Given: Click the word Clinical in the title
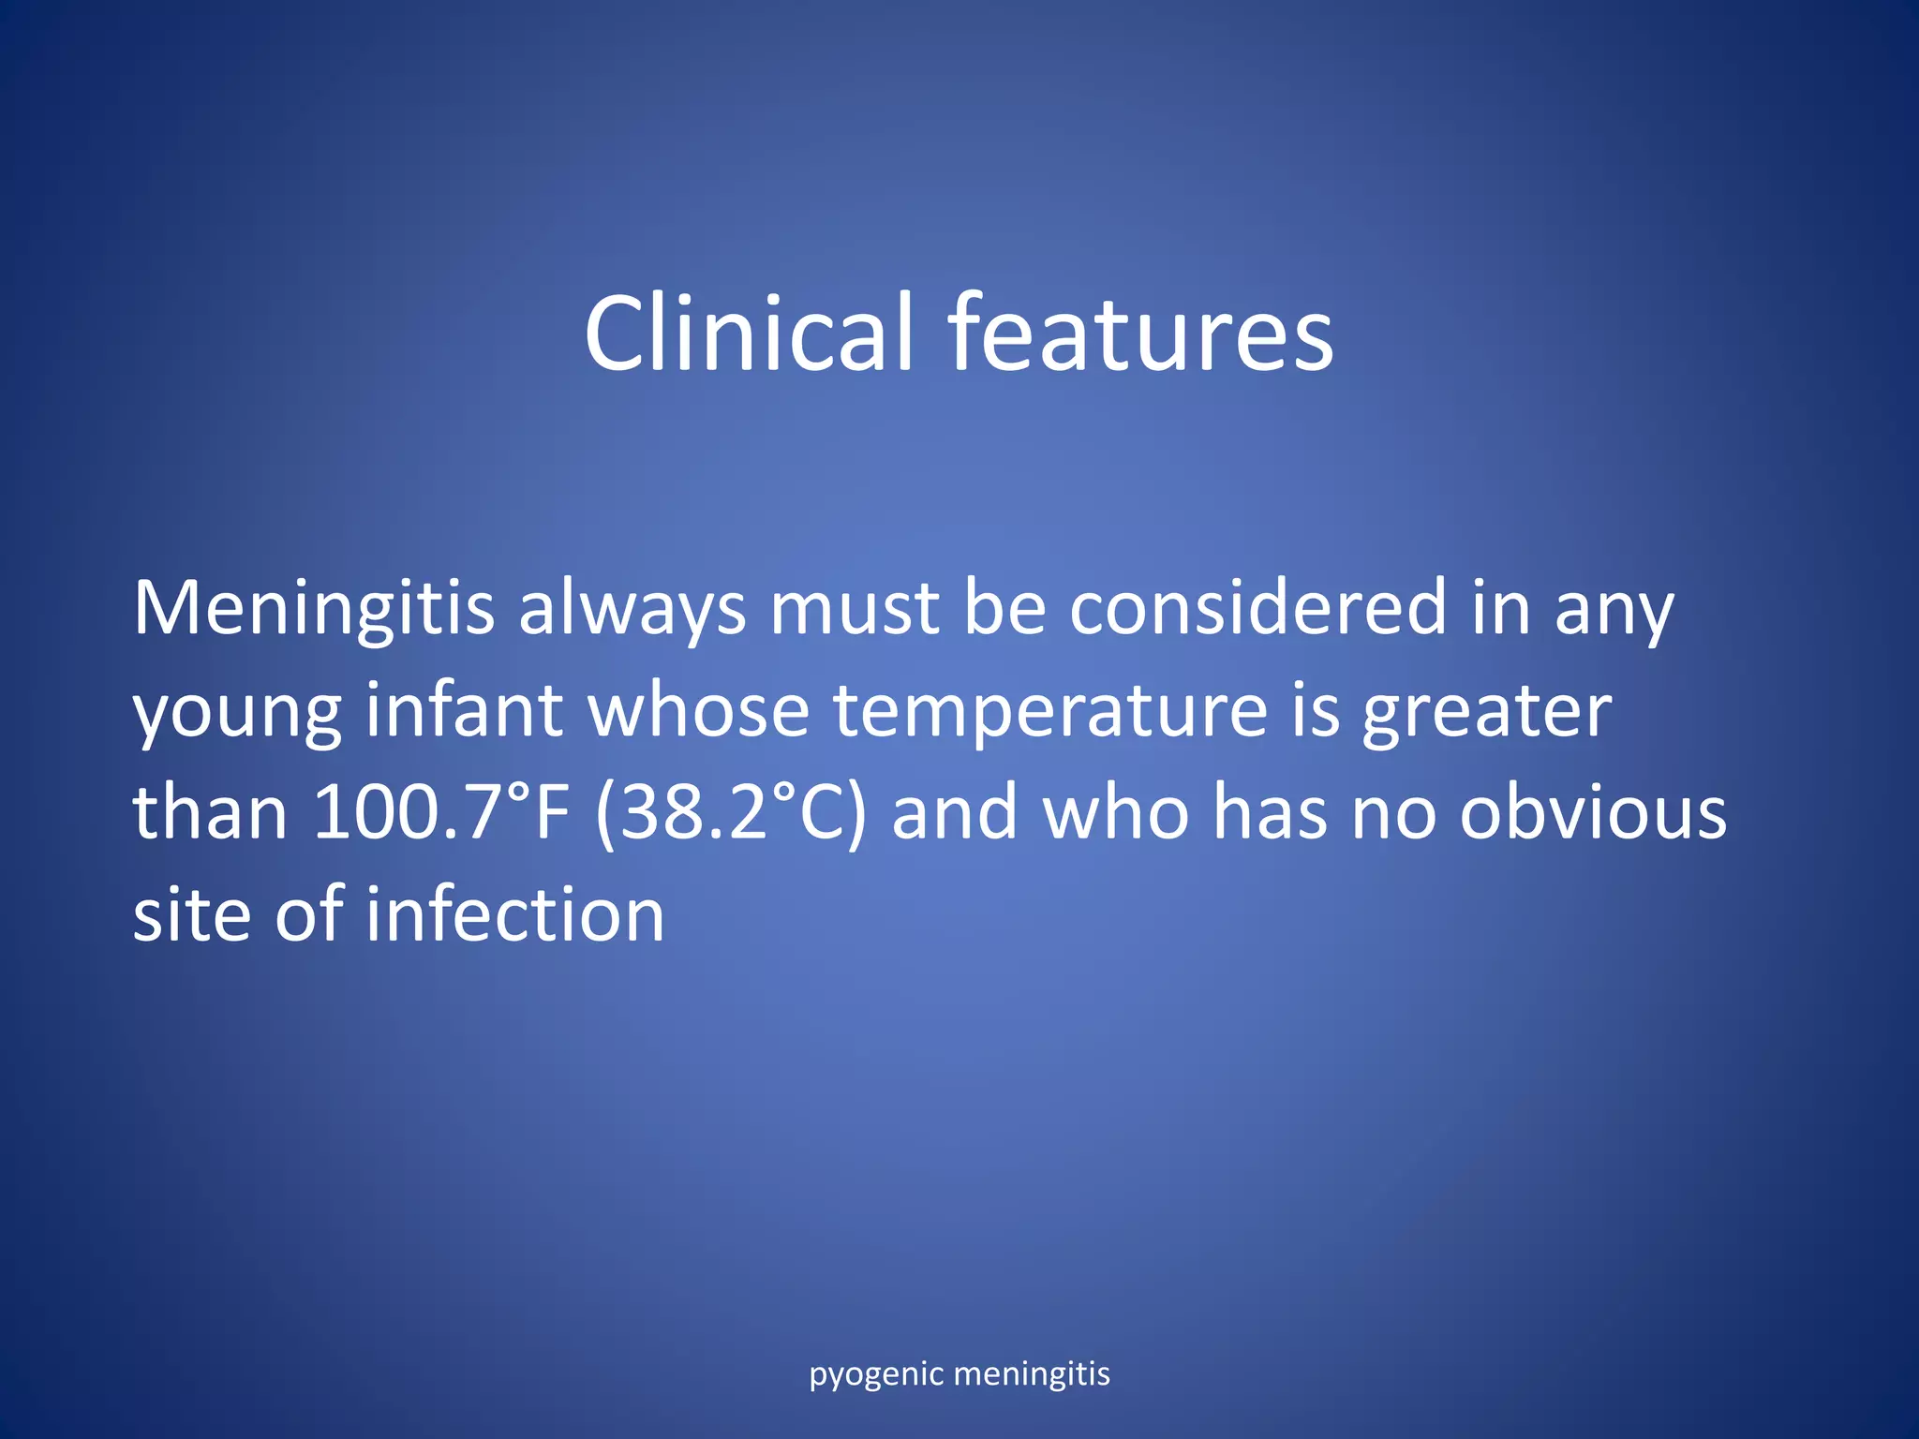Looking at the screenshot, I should tap(748, 333).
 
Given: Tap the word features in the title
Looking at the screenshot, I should tap(1140, 333).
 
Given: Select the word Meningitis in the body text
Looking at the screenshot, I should tap(314, 609).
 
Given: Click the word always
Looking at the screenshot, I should tap(632, 609).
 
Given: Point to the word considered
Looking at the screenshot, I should tap(1257, 609).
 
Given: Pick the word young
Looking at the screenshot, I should tap(237, 712).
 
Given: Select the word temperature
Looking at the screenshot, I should tap(1050, 712).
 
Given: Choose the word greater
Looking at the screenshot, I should tap(1487, 712).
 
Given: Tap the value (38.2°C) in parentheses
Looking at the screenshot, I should tap(731, 813).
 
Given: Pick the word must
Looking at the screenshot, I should tap(854, 609).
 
